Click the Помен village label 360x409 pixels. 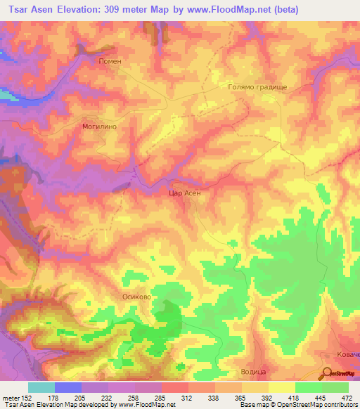[110, 61]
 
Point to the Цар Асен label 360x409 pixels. [186, 192]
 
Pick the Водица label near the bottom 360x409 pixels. [250, 370]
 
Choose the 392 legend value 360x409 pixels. [265, 397]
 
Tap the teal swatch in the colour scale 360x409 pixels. [41, 387]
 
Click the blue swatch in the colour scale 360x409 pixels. [68, 387]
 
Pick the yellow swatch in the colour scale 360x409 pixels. [281, 387]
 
